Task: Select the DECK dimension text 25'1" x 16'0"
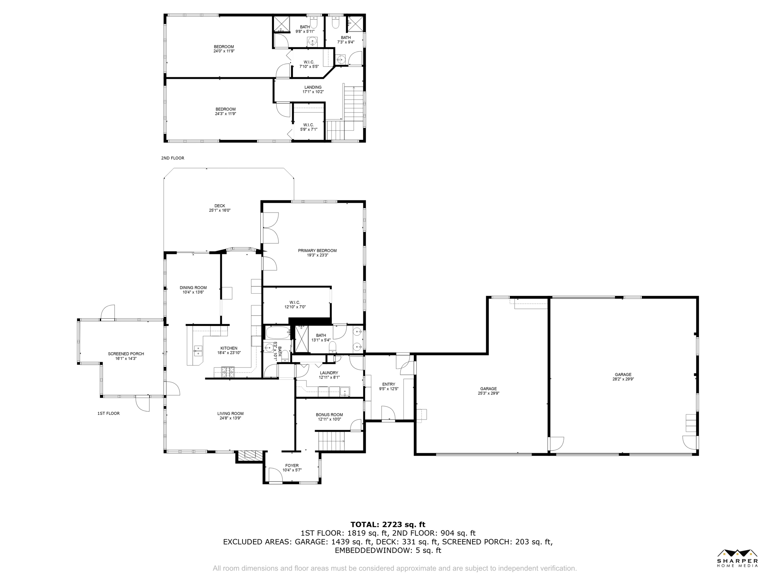coord(220,210)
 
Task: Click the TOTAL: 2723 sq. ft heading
coord(388,524)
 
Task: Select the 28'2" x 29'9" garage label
coord(623,377)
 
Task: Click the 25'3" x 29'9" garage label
coord(488,391)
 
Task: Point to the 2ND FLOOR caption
coord(173,158)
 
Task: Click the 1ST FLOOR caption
coord(108,413)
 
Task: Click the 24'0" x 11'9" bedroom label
coord(224,49)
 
